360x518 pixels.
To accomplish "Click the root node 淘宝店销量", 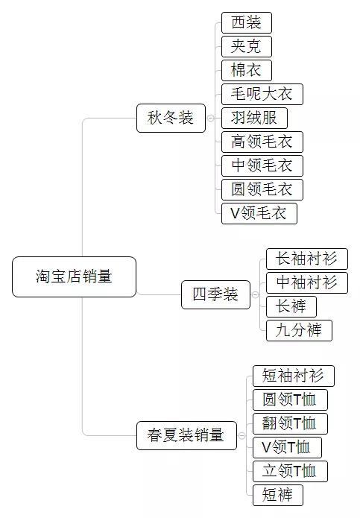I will tap(75, 277).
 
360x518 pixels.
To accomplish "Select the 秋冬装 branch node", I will tap(171, 118).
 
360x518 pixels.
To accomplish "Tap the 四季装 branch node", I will tap(215, 294).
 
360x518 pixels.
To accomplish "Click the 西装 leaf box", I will tap(247, 22).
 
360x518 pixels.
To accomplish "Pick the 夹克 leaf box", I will tap(247, 46).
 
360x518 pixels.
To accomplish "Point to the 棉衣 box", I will tap(247, 70).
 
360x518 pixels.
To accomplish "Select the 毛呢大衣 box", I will tap(262, 94).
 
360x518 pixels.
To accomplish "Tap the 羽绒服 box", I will tap(254, 118).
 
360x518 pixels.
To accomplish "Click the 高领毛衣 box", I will tap(262, 142).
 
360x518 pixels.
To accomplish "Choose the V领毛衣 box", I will tap(259, 213).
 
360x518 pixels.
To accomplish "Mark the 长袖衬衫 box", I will tap(306, 259).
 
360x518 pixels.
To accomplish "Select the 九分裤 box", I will tap(298, 330).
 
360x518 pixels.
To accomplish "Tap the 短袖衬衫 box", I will tap(293, 376).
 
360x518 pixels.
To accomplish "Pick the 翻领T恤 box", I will tap(290, 423).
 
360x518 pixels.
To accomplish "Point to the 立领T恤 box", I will tap(290, 471).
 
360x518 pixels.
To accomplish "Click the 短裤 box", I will tap(278, 495).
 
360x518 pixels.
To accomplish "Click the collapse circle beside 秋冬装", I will tap(210, 118).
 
